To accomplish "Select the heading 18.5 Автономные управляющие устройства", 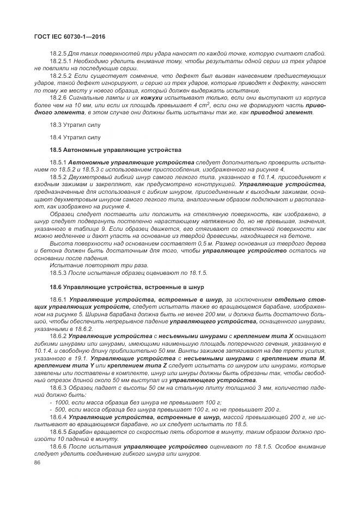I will click(115, 149).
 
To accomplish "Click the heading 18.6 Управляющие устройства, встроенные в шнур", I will click(127, 286).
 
